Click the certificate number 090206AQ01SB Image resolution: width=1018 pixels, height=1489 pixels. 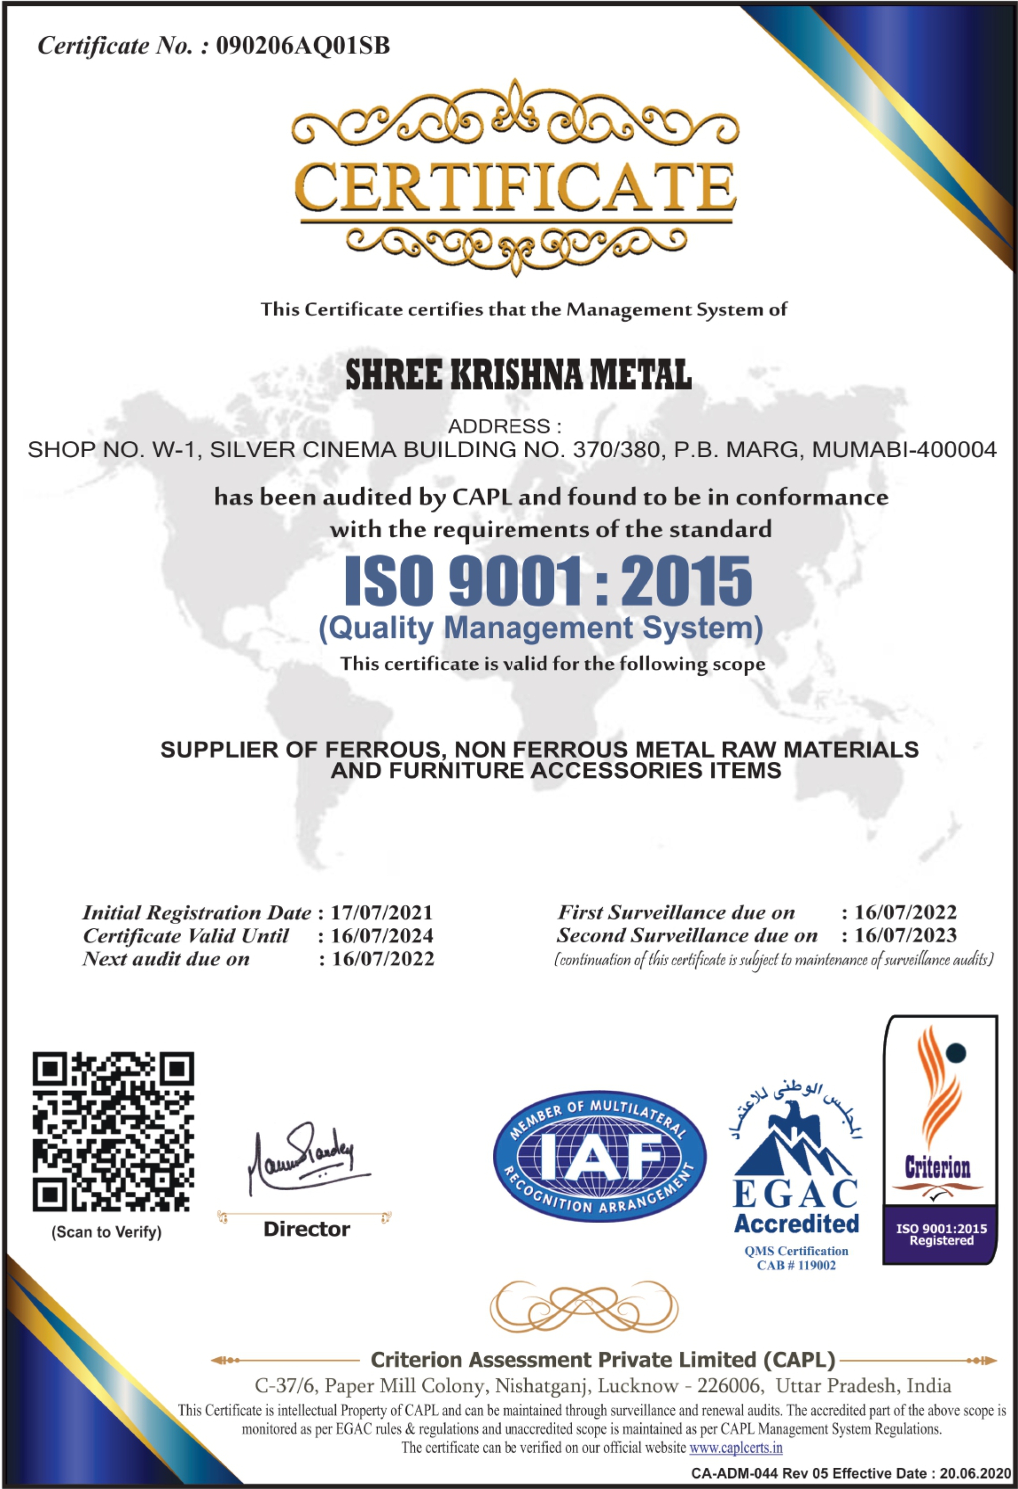coord(302,46)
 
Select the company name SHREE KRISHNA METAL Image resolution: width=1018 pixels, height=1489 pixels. coord(518,375)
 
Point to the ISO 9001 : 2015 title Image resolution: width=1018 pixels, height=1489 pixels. coord(548,581)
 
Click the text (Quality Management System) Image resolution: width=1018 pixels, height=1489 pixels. coord(541,628)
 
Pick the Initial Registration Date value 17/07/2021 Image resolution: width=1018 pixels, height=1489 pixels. coord(382,912)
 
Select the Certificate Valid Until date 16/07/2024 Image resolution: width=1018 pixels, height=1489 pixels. coord(382,935)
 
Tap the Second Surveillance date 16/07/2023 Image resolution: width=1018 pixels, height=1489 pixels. coord(905,935)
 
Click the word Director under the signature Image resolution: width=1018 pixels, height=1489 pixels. coord(307,1229)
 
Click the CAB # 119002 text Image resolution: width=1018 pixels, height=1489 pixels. coord(796,1265)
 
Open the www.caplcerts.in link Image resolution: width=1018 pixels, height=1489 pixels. coord(736,1447)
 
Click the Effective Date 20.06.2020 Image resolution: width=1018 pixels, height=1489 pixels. coord(976,1473)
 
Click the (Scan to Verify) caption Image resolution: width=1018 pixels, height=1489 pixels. coord(106,1232)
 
